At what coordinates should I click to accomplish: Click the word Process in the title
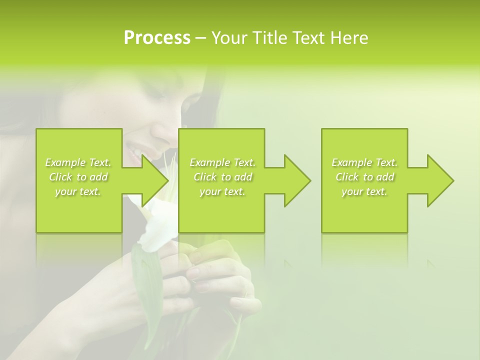tap(157, 38)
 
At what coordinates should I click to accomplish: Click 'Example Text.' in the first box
tap(78, 162)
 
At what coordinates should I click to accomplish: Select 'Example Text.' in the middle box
tap(222, 162)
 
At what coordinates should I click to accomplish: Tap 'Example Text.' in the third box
tap(364, 162)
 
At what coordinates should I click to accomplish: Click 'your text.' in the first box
tap(78, 191)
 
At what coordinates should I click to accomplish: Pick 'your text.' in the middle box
tap(222, 191)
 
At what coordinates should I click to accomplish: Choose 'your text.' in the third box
tap(364, 191)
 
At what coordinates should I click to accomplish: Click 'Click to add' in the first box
tap(78, 177)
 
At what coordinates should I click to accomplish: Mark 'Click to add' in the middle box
tap(222, 177)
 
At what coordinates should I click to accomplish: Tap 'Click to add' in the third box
tap(364, 177)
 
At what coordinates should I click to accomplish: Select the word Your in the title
tap(230, 38)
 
